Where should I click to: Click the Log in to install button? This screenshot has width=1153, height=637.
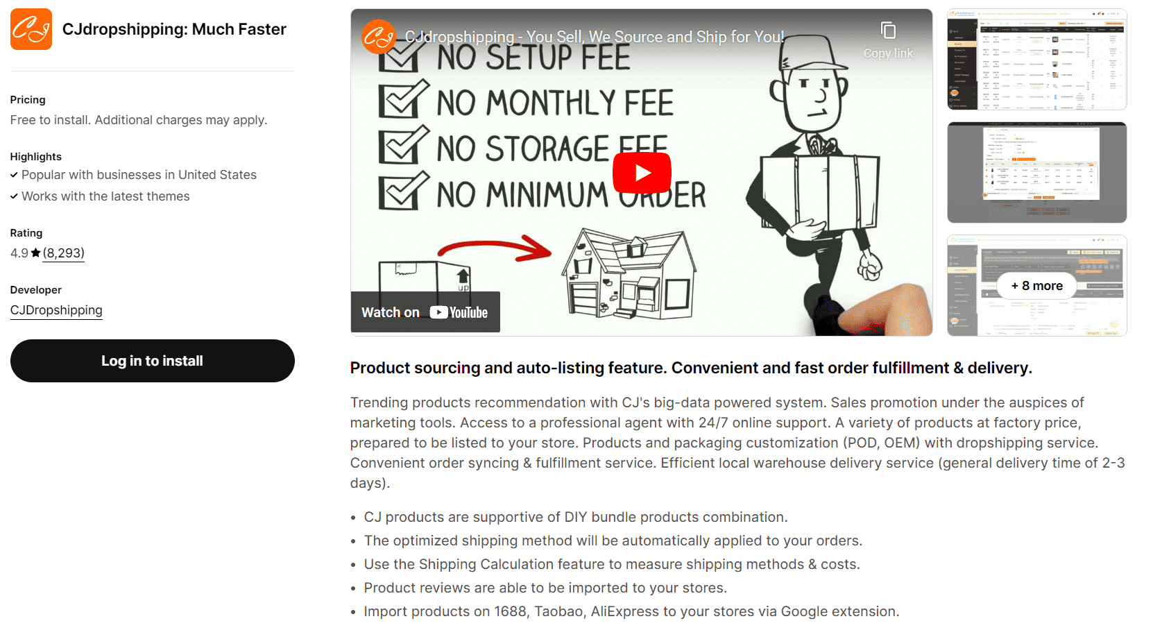[152, 361]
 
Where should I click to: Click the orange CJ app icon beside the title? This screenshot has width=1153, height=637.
[31, 29]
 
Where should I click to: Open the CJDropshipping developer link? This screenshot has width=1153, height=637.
[56, 310]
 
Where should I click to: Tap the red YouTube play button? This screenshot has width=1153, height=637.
[642, 173]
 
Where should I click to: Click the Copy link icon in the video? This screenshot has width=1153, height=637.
[888, 31]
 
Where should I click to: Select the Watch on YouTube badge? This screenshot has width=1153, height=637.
[425, 312]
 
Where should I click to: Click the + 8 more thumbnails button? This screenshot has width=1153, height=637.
[1036, 286]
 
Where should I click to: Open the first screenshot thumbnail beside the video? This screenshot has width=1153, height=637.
[1036, 60]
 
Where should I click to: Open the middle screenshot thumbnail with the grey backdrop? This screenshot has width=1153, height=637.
[1036, 172]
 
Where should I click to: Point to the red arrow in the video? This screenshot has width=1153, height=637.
[494, 248]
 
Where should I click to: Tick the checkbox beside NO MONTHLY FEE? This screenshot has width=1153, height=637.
[402, 101]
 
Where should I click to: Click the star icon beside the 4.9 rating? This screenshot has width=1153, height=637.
[35, 253]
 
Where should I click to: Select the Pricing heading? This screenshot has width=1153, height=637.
[28, 100]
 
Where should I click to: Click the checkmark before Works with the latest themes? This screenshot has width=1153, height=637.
[14, 196]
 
